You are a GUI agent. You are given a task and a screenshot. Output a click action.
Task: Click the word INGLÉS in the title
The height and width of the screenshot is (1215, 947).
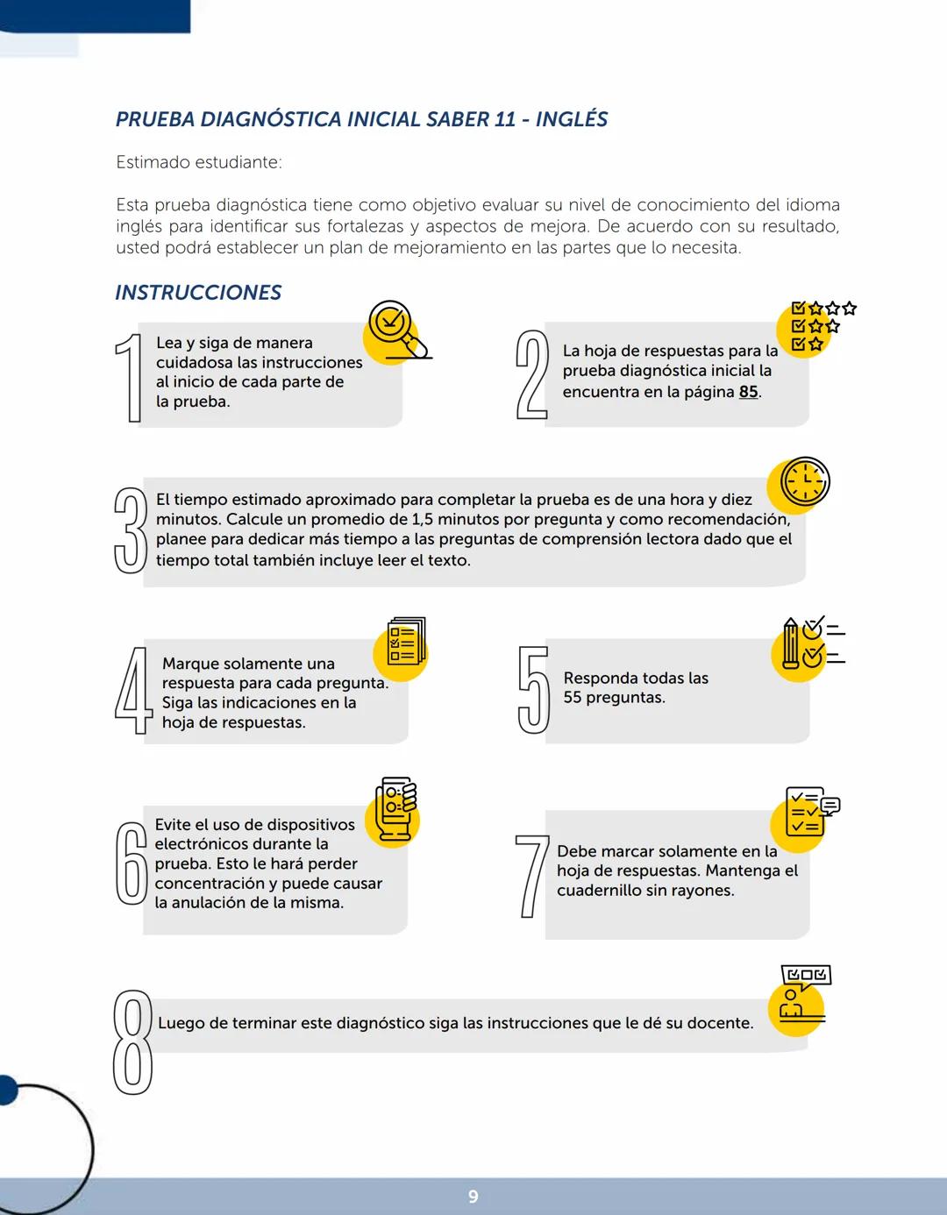[572, 119]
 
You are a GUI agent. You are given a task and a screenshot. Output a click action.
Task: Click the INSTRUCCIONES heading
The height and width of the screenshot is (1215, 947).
[198, 293]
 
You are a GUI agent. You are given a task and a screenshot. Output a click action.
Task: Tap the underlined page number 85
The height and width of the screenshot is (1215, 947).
[748, 392]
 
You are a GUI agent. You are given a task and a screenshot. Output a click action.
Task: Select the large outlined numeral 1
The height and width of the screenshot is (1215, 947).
[129, 378]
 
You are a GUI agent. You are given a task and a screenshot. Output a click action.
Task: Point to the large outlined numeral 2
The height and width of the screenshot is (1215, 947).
[531, 374]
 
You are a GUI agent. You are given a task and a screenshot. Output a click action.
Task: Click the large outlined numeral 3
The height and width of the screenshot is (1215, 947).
[131, 530]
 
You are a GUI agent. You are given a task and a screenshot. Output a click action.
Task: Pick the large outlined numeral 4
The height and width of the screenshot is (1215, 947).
[133, 691]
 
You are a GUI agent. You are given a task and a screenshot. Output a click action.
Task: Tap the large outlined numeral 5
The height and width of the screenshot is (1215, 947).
[533, 690]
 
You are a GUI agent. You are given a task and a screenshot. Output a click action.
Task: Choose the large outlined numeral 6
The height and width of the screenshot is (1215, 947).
[132, 863]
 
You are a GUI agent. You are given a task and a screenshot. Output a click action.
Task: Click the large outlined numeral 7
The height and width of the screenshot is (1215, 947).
[531, 876]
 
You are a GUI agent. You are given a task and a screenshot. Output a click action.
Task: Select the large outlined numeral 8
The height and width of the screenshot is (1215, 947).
[132, 1042]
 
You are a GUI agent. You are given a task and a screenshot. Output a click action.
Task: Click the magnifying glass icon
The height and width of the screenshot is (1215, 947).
[394, 330]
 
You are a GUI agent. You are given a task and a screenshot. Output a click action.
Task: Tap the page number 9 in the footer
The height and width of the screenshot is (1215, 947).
[473, 1197]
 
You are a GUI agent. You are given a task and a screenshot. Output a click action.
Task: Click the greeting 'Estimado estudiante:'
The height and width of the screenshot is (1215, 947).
[199, 162]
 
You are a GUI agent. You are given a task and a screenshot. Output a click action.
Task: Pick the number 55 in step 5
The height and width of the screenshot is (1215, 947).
[573, 698]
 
